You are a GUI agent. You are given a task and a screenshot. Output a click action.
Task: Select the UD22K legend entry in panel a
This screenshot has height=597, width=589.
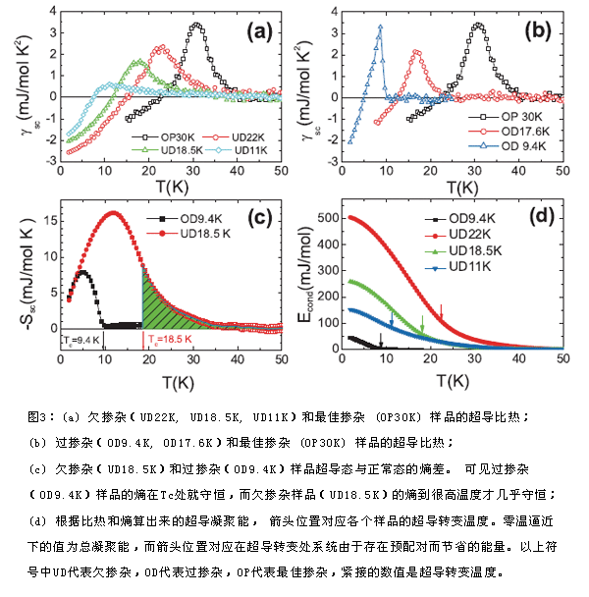click(227, 136)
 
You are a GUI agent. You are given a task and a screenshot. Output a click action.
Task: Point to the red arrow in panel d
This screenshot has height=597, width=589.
click(441, 313)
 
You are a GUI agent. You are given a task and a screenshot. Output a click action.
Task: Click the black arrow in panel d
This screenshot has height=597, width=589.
click(381, 340)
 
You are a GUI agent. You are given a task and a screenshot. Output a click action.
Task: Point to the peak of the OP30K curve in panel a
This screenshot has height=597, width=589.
click(197, 25)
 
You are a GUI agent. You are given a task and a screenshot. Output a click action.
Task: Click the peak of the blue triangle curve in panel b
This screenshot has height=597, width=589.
click(379, 27)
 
